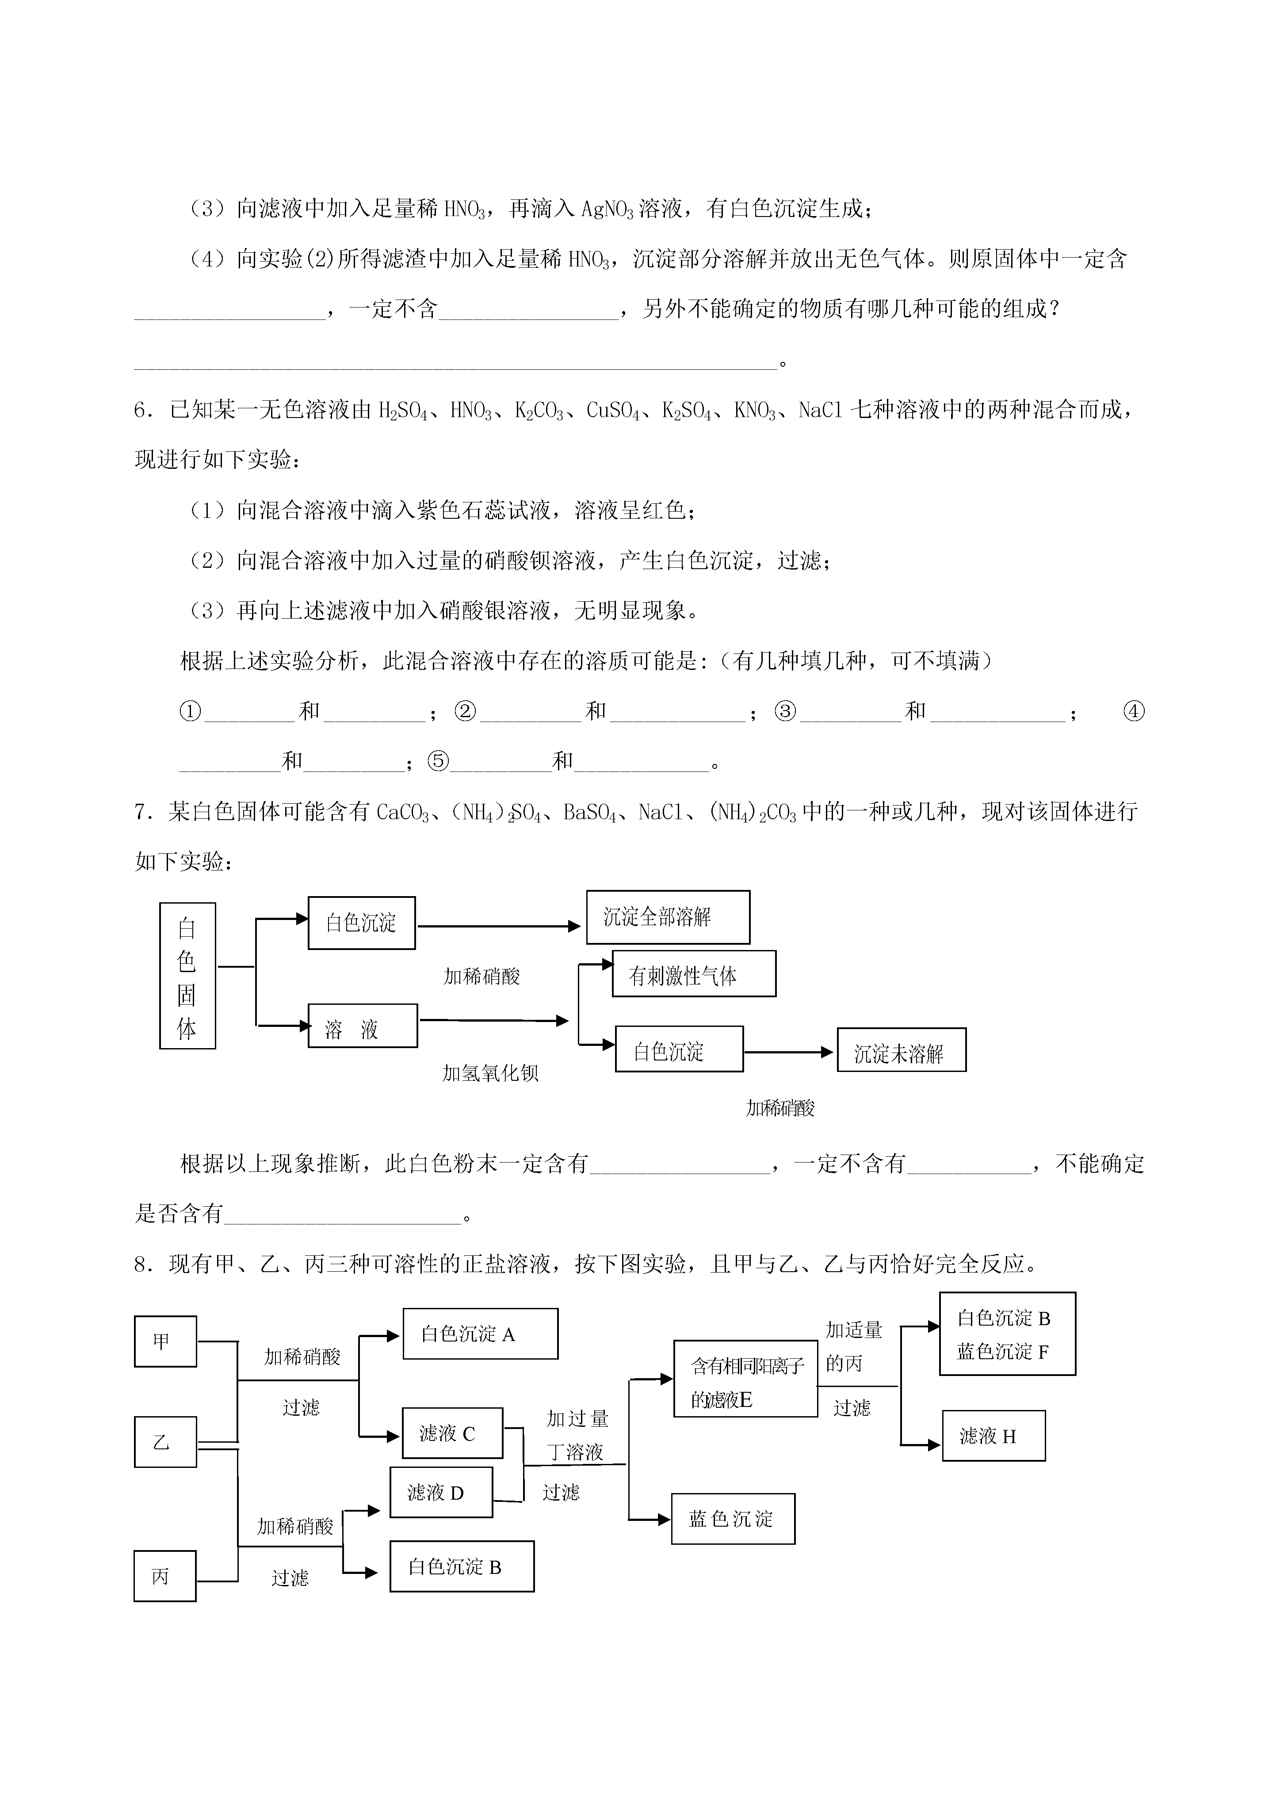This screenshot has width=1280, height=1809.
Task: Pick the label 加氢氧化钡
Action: pos(490,1073)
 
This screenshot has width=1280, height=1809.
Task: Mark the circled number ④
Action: pos(1133,711)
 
